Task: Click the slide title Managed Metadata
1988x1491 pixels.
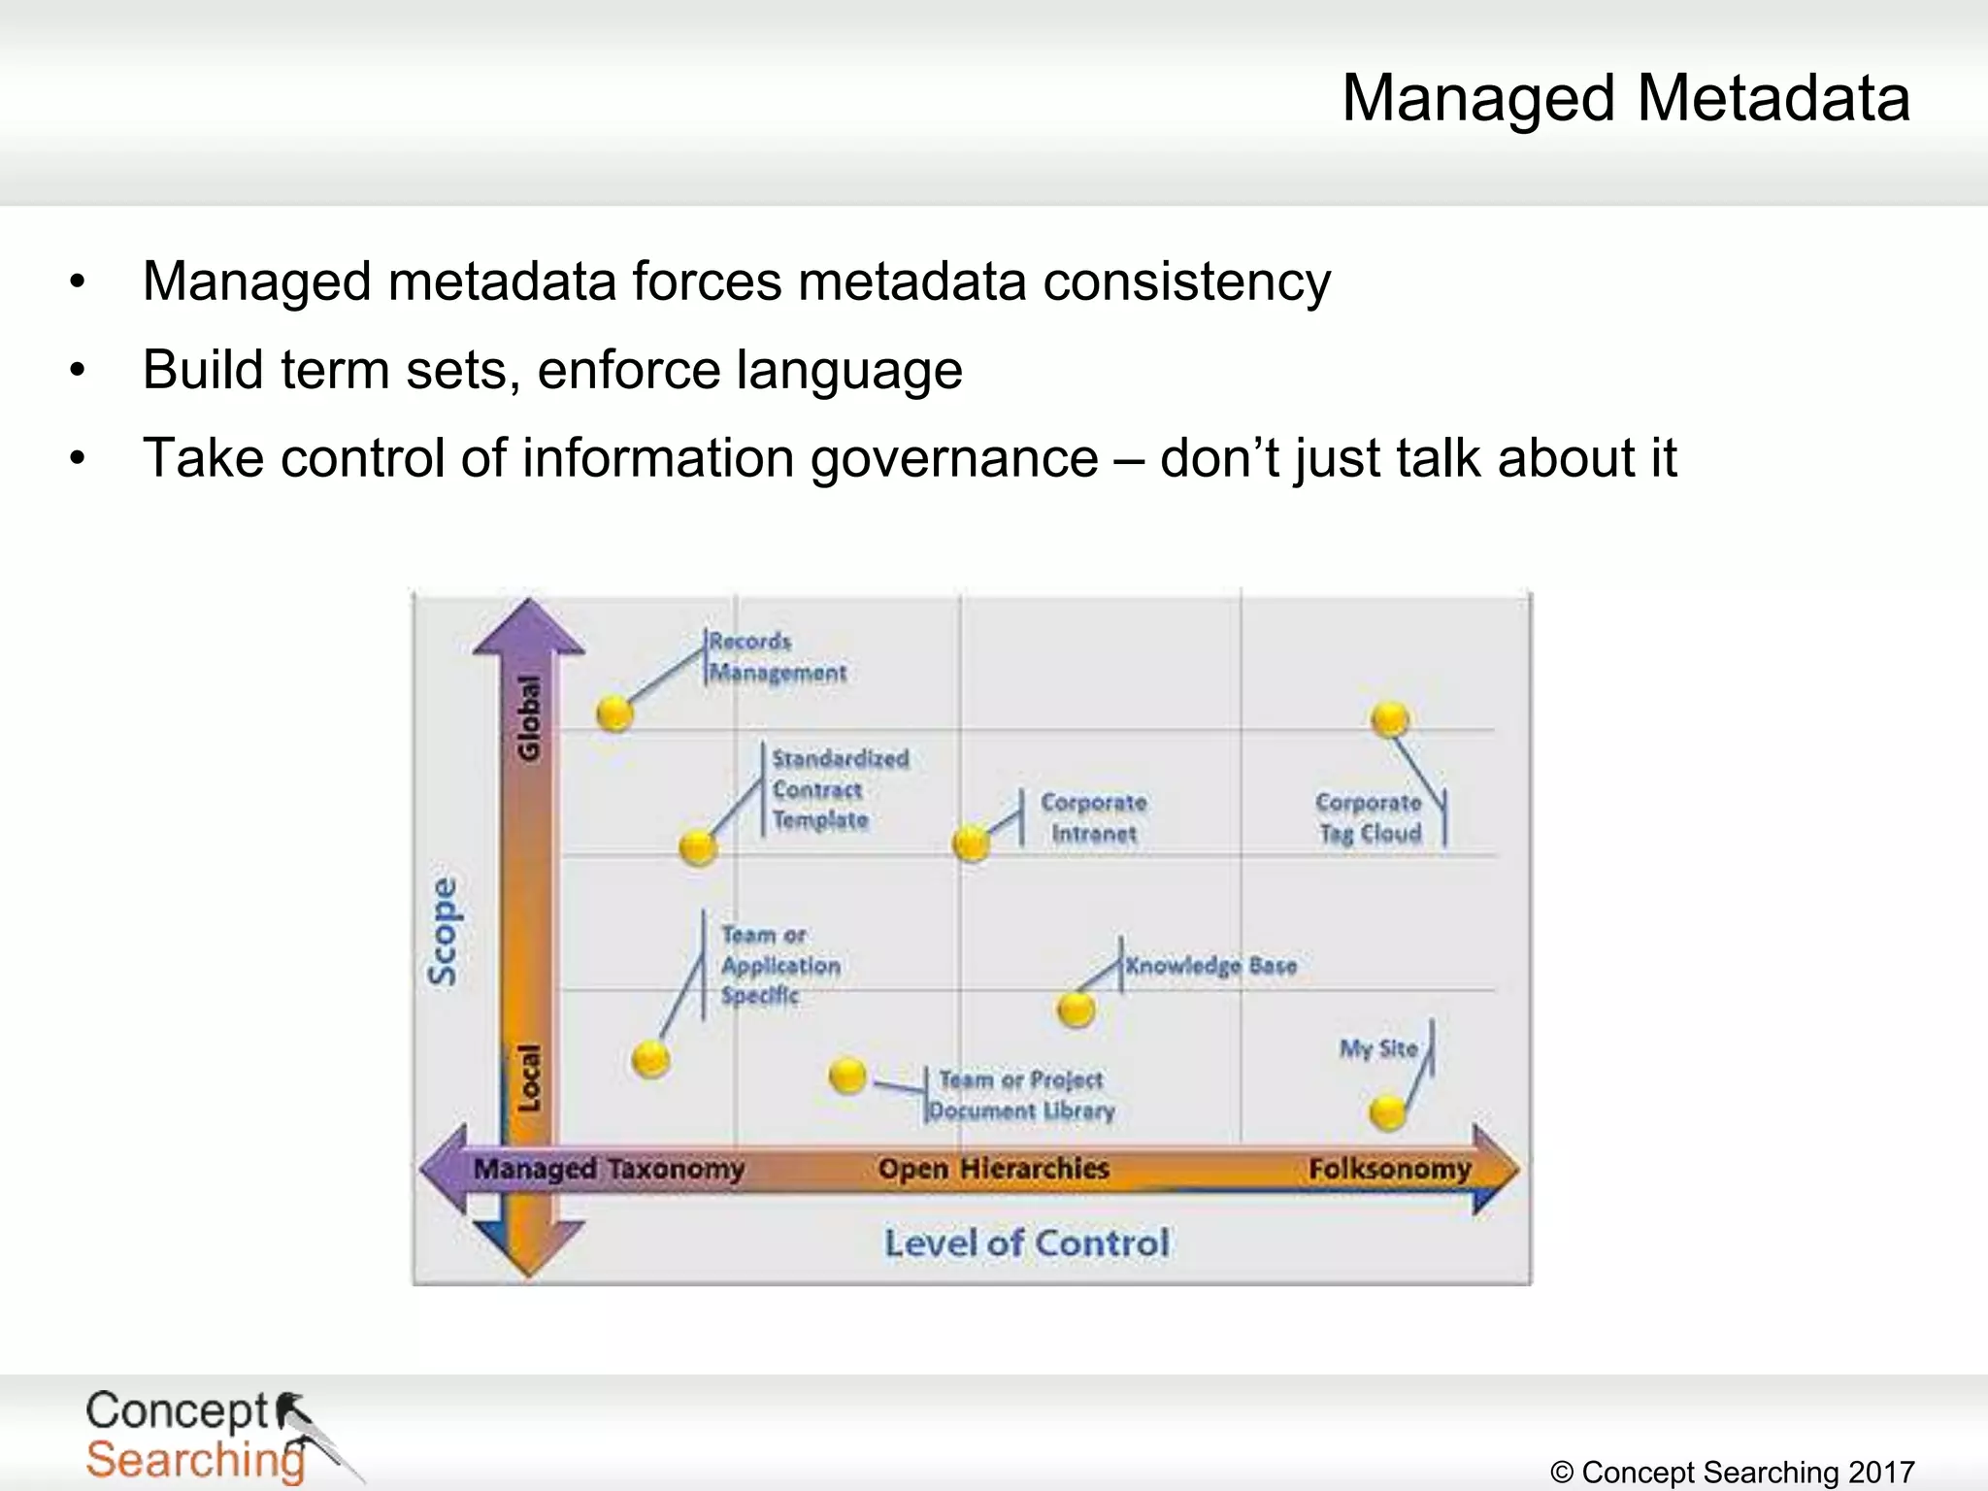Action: click(x=1626, y=98)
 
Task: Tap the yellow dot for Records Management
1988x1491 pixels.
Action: click(x=614, y=713)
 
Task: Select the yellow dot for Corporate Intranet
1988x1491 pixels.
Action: click(x=971, y=844)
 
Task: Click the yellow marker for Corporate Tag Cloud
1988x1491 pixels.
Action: click(x=1390, y=719)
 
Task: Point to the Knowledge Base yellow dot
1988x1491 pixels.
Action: click(x=1076, y=1010)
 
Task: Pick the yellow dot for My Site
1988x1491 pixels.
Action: click(x=1387, y=1111)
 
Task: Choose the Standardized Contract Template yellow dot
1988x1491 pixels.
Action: click(x=698, y=847)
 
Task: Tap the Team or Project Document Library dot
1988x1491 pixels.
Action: click(x=847, y=1076)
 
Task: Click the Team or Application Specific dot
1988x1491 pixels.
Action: click(x=650, y=1059)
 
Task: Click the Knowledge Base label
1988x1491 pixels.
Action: click(x=1210, y=966)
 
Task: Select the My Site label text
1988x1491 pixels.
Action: click(x=1378, y=1048)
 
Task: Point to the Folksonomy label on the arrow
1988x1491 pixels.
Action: click(x=1389, y=1169)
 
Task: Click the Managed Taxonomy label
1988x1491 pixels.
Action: click(x=609, y=1169)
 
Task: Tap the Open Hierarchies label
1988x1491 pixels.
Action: click(x=993, y=1169)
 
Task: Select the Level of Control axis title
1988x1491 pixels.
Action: click(x=1026, y=1243)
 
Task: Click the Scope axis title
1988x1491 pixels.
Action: click(x=443, y=931)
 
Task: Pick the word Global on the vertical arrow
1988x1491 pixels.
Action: click(x=529, y=718)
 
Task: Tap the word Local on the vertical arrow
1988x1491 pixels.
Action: click(x=529, y=1077)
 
